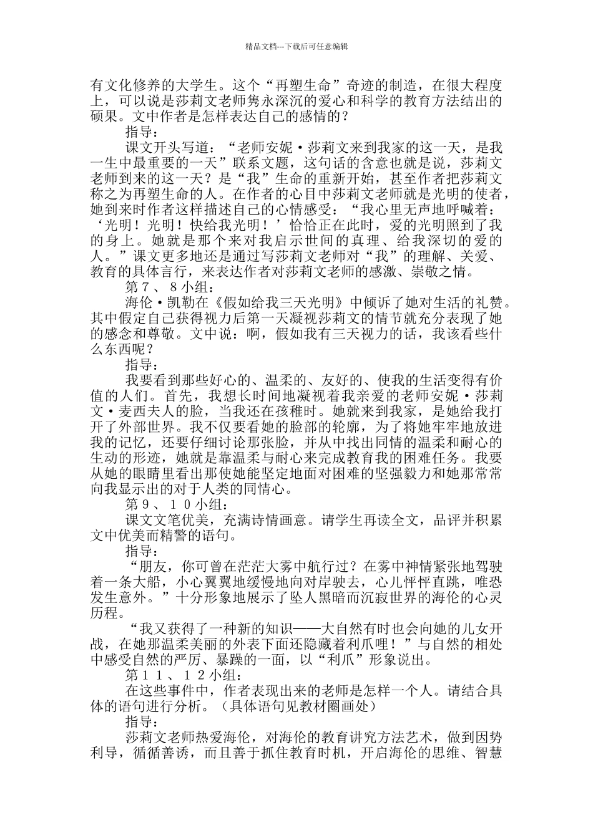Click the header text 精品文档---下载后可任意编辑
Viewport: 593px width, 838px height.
coord(296,46)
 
